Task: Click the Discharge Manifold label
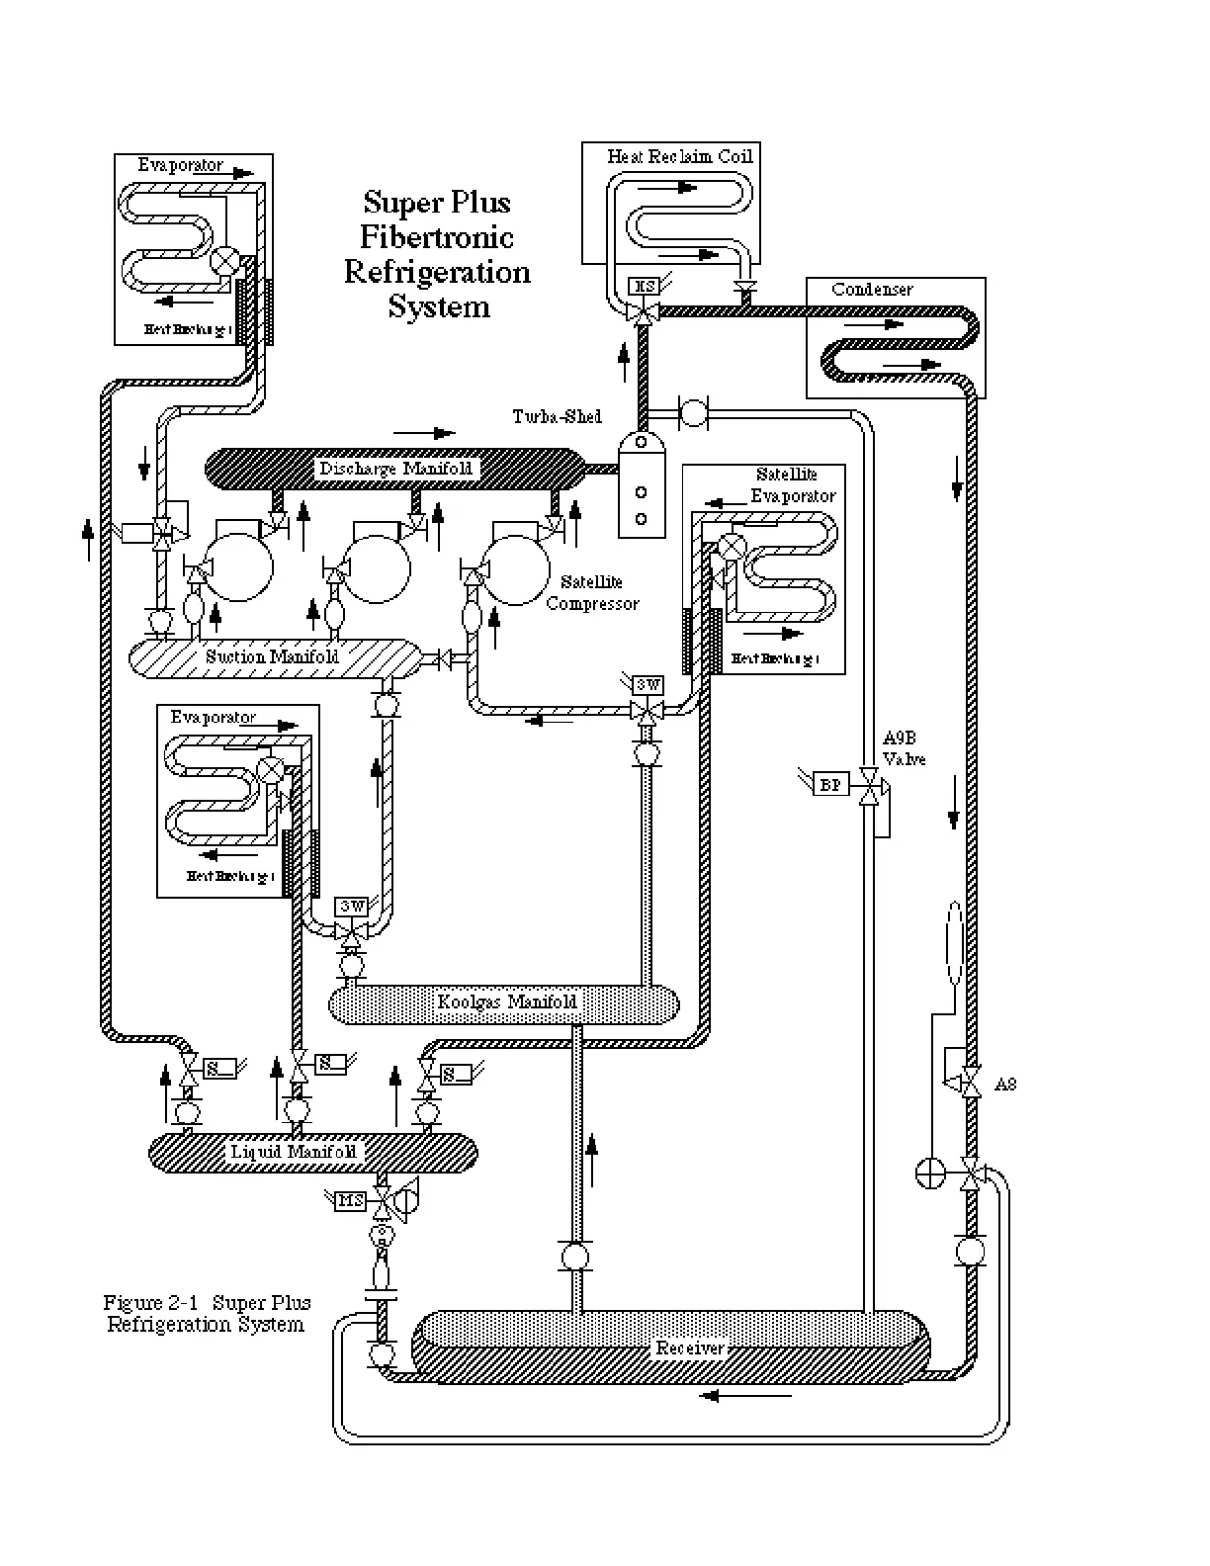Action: (395, 469)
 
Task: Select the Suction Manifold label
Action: (273, 656)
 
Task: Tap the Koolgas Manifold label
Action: (506, 1002)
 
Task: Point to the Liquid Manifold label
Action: (293, 1152)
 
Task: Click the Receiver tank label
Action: (690, 1348)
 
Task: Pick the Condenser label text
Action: (872, 290)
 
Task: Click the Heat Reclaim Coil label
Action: (680, 156)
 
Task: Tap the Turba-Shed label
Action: (557, 416)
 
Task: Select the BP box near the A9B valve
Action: (830, 784)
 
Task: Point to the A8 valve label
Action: (1004, 1085)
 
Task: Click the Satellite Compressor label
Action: (592, 593)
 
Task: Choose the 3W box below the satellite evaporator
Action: (648, 685)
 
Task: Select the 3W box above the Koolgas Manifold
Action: (351, 906)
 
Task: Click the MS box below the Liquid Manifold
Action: (351, 1200)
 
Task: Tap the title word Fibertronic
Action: (437, 237)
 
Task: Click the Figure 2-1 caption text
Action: (207, 1314)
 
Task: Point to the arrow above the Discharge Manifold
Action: (424, 433)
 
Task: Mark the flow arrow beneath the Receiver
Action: (745, 1396)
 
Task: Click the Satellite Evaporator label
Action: (791, 485)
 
